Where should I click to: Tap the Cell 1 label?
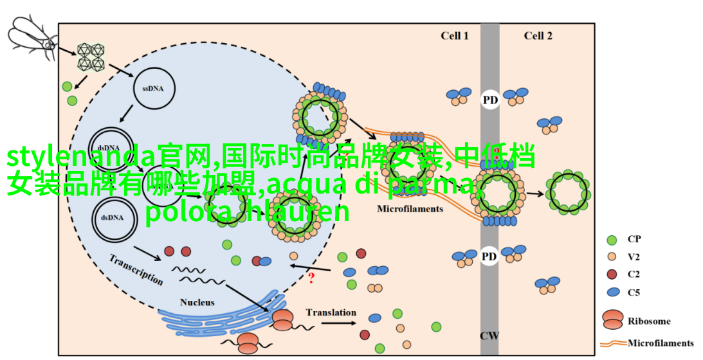pyautogui.click(x=454, y=36)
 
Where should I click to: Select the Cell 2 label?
pyautogui.click(x=538, y=36)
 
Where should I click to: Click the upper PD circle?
pyautogui.click(x=490, y=100)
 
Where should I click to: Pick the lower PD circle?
pyautogui.click(x=489, y=256)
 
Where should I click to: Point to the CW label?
pyautogui.click(x=489, y=336)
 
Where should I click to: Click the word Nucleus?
pyautogui.click(x=197, y=302)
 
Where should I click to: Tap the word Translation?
pyautogui.click(x=331, y=312)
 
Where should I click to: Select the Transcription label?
pyautogui.click(x=136, y=269)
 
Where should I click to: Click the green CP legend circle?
pyautogui.click(x=612, y=240)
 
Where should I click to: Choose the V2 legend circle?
pyautogui.click(x=612, y=257)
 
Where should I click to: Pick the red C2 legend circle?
pyautogui.click(x=612, y=274)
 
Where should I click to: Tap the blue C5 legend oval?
pyautogui.click(x=613, y=292)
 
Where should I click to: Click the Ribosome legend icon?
pyautogui.click(x=613, y=319)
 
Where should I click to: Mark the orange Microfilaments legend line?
pyautogui.click(x=614, y=343)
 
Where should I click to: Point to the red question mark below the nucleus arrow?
pyautogui.click(x=311, y=278)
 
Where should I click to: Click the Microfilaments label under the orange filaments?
pyautogui.click(x=410, y=209)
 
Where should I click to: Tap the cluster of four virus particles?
pyautogui.click(x=91, y=57)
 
